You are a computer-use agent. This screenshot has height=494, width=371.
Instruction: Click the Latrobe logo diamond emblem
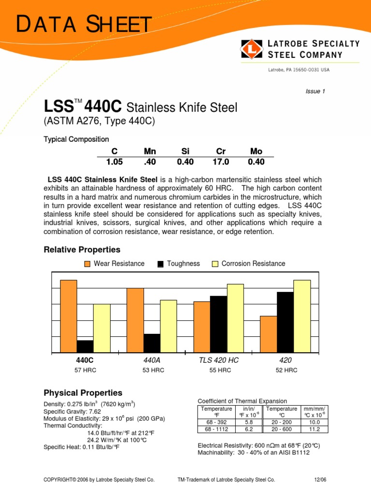(251, 49)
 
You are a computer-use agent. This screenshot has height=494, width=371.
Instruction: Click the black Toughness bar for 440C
(85, 346)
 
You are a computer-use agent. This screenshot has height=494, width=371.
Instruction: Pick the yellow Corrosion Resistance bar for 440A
(169, 326)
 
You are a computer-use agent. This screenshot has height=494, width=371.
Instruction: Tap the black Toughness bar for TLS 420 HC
(218, 324)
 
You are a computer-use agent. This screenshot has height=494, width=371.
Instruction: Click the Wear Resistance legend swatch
(87, 264)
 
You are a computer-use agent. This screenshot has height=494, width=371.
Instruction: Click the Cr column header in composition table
(221, 151)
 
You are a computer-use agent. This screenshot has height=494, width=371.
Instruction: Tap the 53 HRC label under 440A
(154, 370)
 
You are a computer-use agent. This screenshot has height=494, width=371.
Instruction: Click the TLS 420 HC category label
(219, 360)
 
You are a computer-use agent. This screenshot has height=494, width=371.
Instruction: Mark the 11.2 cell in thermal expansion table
(314, 428)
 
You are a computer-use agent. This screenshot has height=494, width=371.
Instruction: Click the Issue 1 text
(315, 92)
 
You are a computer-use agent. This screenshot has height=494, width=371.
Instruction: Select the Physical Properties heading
(83, 393)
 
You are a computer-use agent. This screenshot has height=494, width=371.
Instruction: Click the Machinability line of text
(253, 453)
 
